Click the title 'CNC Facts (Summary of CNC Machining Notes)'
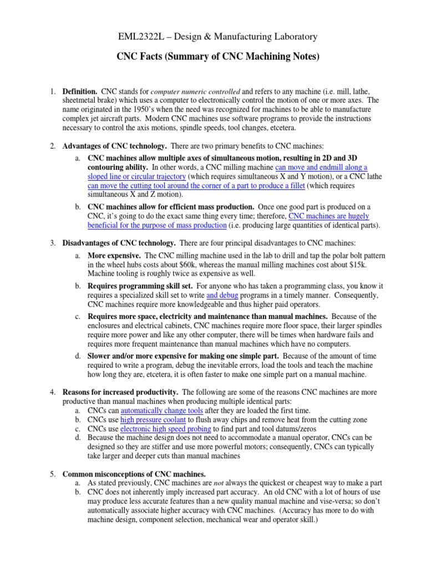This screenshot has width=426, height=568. coord(212,57)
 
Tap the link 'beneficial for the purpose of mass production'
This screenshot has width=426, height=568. coord(157,225)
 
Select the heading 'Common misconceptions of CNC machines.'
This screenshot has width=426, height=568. coord(134,474)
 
